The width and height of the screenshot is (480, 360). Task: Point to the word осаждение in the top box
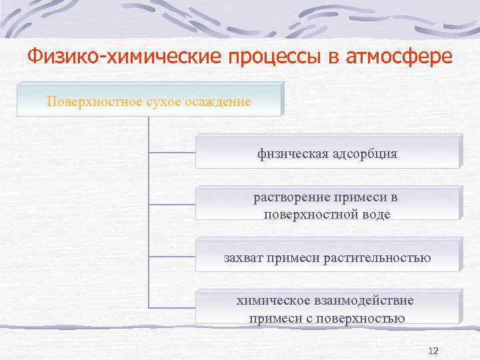[219, 102]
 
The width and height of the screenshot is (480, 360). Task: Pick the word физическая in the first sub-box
[291, 154]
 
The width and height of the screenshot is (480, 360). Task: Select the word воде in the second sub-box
[373, 214]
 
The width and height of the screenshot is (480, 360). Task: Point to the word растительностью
[382, 257]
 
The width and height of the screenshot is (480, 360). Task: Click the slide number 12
[433, 351]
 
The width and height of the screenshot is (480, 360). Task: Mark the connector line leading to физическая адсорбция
[171, 153]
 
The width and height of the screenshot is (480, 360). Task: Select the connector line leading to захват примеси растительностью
[171, 256]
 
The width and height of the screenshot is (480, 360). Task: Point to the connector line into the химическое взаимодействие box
[171, 307]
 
